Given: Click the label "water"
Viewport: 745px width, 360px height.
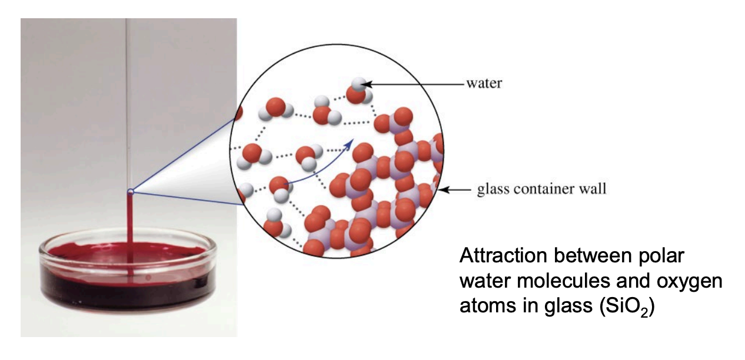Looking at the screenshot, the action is (484, 83).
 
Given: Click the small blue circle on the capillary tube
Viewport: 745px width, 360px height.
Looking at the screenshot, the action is (131, 191).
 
